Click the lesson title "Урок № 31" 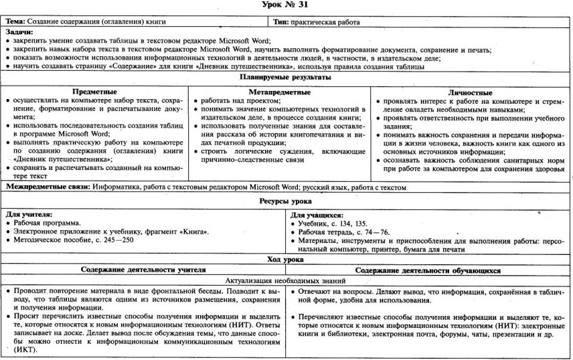point(286,6)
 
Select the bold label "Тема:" point(17,22)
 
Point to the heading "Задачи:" point(20,31)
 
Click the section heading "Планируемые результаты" point(286,78)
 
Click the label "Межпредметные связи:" point(47,188)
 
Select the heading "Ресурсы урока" point(286,201)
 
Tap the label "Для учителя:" point(28,214)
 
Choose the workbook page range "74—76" point(371,232)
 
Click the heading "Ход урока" point(286,258)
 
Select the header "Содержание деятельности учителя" point(143,270)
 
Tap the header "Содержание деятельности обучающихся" point(430,270)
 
